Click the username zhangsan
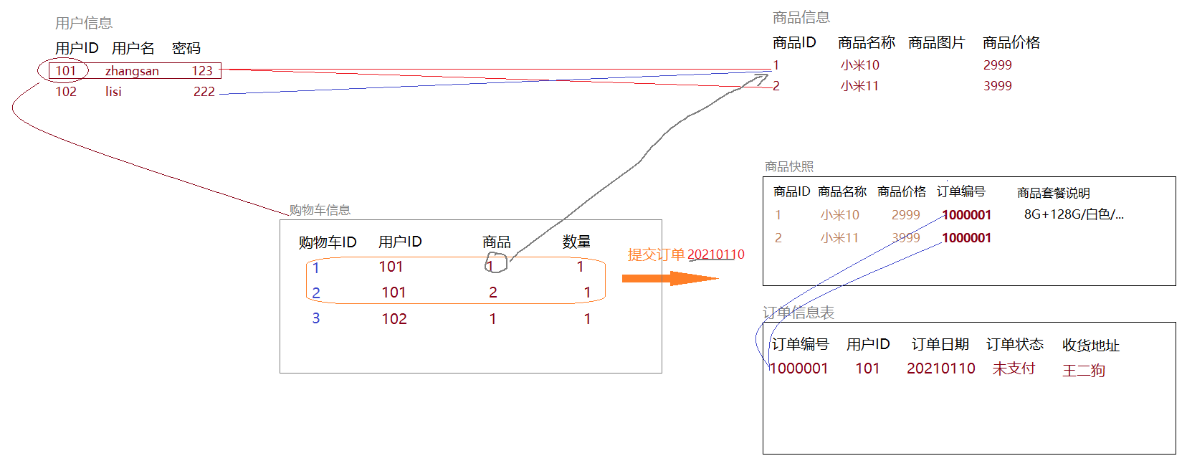click(132, 71)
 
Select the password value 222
click(204, 92)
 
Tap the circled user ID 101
click(65, 71)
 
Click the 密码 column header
click(186, 48)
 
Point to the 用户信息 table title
click(84, 23)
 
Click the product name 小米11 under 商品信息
click(859, 86)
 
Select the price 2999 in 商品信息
click(997, 65)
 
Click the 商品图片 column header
click(936, 43)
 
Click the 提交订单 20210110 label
click(685, 254)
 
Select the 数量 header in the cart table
click(576, 242)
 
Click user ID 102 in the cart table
click(394, 319)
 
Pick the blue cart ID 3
click(315, 318)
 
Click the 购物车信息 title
click(320, 210)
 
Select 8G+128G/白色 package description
click(1073, 214)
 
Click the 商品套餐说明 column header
click(1053, 193)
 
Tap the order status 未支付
click(1013, 368)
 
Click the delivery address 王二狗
click(1083, 371)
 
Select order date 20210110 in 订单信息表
click(940, 368)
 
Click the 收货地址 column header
click(1090, 346)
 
